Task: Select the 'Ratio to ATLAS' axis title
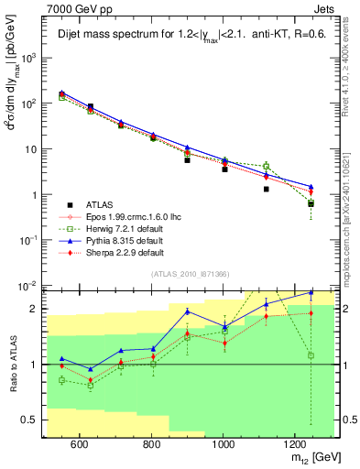pos(12,364)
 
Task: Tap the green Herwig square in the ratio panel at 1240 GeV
pos(311,355)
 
